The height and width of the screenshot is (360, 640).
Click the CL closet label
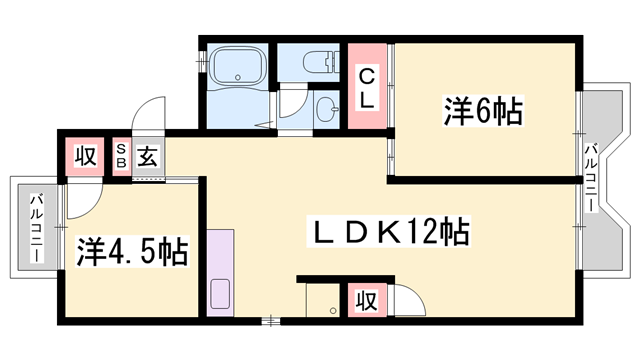pyautogui.click(x=367, y=87)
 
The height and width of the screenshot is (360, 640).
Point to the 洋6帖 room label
pyautogui.click(x=482, y=111)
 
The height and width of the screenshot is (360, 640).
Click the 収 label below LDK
pyautogui.click(x=367, y=300)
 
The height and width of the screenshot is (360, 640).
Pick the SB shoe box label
pyautogui.click(x=120, y=157)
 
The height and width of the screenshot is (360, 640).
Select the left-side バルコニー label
pyautogui.click(x=34, y=227)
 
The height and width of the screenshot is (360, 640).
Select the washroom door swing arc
pyautogui.click(x=293, y=106)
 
